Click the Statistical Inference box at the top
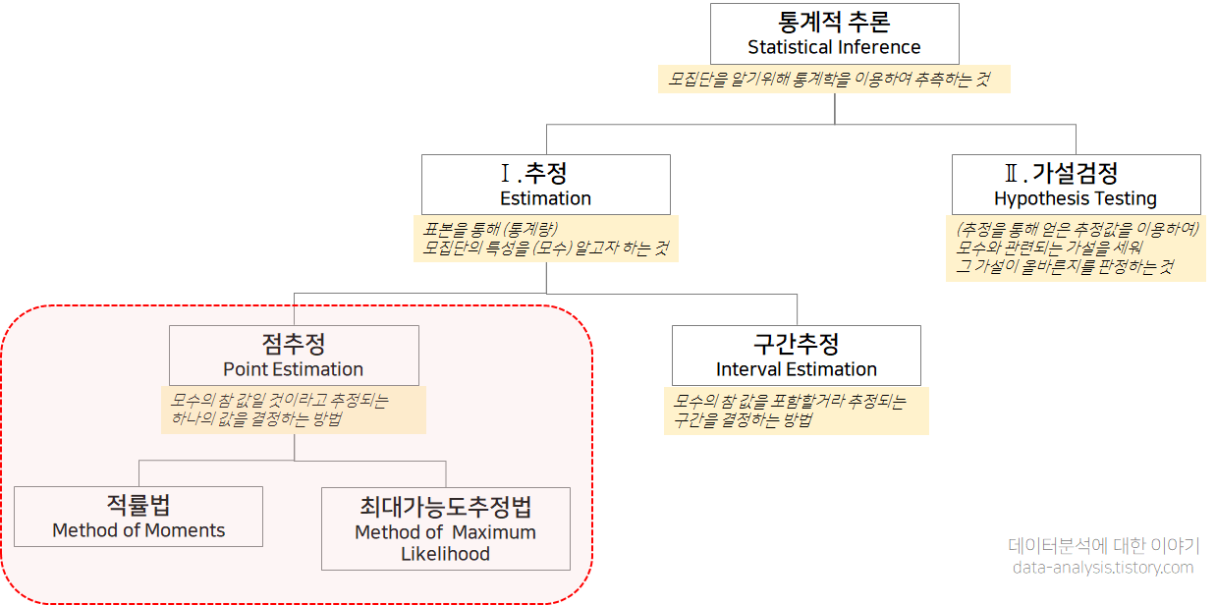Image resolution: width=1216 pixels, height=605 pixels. click(834, 33)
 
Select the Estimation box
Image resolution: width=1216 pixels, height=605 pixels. click(545, 185)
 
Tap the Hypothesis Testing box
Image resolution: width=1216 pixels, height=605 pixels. click(1075, 185)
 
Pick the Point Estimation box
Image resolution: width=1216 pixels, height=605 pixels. click(294, 356)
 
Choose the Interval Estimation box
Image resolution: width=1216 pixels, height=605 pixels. click(796, 356)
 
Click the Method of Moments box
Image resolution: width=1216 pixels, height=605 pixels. click(138, 517)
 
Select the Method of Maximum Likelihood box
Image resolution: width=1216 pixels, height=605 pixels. click(445, 528)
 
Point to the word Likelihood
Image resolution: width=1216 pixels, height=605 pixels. click(445, 554)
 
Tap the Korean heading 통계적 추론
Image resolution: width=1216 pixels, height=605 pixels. click(834, 22)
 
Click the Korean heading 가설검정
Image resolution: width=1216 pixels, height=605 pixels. click(1075, 174)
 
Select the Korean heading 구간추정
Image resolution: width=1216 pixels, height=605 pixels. click(796, 344)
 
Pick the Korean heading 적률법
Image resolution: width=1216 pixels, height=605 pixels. click(138, 505)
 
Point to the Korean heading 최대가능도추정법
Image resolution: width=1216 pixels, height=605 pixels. click(445, 508)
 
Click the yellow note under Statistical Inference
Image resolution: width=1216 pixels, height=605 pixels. click(833, 80)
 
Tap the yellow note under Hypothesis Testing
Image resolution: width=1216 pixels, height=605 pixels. click(1076, 247)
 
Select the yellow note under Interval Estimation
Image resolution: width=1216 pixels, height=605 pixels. click(796, 411)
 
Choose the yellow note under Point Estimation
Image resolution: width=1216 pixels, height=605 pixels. click(293, 410)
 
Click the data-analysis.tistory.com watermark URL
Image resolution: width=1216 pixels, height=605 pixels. click(1103, 568)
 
